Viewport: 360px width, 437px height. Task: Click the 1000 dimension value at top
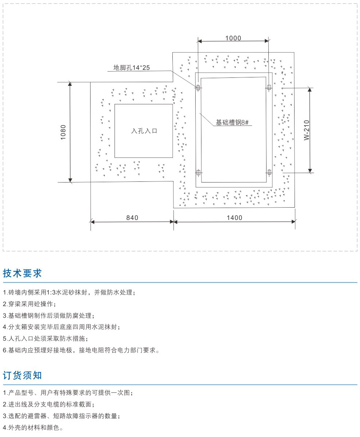pos(233,38)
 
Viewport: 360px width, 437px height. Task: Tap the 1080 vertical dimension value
pos(63,132)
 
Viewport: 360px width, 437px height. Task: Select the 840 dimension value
pos(132,218)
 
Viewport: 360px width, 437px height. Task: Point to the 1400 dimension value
pos(235,218)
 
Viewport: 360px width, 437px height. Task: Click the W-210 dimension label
pos(307,130)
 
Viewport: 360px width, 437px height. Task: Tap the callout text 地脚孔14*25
pos(131,68)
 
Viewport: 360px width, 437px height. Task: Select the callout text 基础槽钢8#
pos(232,123)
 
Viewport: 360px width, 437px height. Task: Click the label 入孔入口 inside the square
pos(144,131)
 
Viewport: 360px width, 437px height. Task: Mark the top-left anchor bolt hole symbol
pos(198,88)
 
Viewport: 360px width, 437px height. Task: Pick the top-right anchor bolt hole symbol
pos(269,87)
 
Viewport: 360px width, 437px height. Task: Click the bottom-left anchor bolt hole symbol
pos(199,172)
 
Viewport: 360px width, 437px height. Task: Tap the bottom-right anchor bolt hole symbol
pos(269,172)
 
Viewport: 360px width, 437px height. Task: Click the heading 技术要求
pos(23,273)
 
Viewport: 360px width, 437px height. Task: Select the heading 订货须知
pos(23,375)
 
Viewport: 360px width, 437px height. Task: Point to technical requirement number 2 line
pos(29,304)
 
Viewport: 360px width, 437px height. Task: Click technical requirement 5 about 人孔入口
pos(45,338)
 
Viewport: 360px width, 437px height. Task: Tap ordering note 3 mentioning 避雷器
pos(61,416)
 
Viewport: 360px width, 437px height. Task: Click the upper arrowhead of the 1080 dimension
pos(70,84)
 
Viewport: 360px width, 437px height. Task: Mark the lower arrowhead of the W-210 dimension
pos(310,171)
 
